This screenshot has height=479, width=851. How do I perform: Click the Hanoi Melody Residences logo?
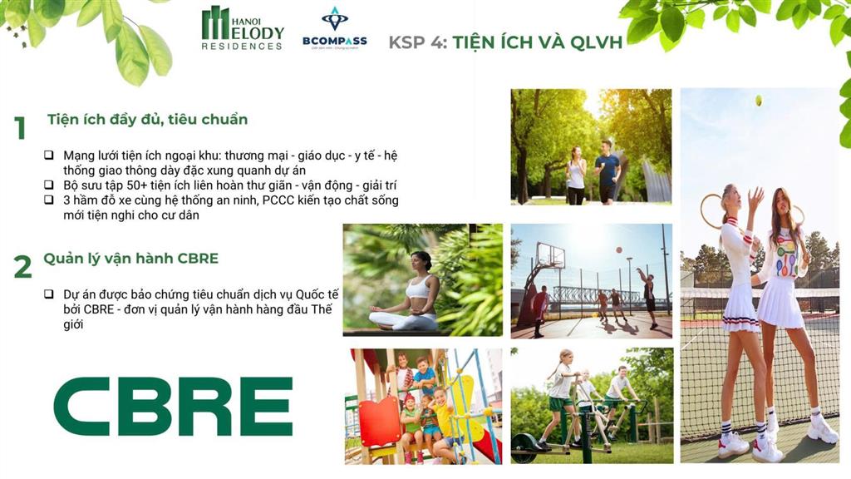pyautogui.click(x=243, y=29)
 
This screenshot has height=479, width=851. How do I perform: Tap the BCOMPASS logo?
pyautogui.click(x=334, y=29)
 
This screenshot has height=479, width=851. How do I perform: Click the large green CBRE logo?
pyautogui.click(x=173, y=407)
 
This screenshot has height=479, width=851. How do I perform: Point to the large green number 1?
pyautogui.click(x=20, y=128)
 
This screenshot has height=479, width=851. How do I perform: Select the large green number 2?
pyautogui.click(x=22, y=267)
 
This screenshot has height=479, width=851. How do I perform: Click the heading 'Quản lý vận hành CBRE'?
pyautogui.click(x=130, y=258)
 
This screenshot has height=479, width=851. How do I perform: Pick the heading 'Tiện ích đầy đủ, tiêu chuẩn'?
pyautogui.click(x=147, y=119)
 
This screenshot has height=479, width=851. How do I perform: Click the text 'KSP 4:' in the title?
pyautogui.click(x=417, y=42)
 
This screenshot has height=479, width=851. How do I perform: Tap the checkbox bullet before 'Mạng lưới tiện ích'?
pyautogui.click(x=49, y=156)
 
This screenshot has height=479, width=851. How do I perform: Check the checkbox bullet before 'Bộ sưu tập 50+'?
pyautogui.click(x=49, y=185)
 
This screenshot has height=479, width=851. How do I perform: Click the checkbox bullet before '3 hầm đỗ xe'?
pyautogui.click(x=49, y=200)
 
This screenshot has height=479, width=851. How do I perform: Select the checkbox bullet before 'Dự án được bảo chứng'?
pyautogui.click(x=49, y=294)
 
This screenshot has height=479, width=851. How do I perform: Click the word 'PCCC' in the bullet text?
pyautogui.click(x=278, y=200)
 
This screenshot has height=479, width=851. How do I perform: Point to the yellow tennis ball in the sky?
pyautogui.click(x=758, y=101)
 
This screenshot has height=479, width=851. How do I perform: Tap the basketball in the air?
pyautogui.click(x=618, y=250)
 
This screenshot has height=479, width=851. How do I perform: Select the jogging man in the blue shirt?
pyautogui.click(x=607, y=172)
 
